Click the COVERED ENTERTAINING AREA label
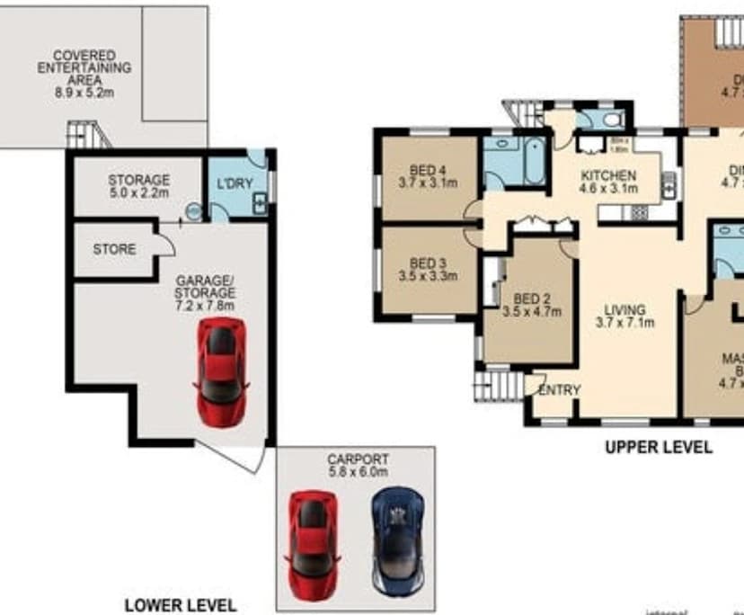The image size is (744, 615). [x=84, y=74]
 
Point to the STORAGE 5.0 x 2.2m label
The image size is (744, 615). [x=138, y=186]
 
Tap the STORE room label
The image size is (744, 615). [x=114, y=249]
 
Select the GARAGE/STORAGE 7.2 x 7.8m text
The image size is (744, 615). [x=205, y=292]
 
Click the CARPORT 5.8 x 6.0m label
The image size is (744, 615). [x=357, y=464]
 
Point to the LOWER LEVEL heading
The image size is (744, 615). [x=181, y=605]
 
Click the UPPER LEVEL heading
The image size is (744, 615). [x=659, y=447]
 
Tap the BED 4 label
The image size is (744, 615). [x=428, y=177]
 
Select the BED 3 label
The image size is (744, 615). [x=428, y=270]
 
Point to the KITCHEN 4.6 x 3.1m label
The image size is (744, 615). [x=607, y=182]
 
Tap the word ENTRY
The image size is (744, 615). [x=559, y=390]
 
